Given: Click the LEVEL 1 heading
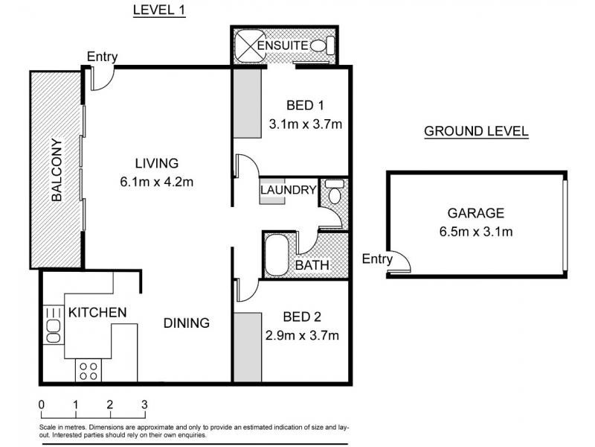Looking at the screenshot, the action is coord(159,10).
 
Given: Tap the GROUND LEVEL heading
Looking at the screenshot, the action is coord(476,131).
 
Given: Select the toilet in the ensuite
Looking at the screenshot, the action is coord(323,45).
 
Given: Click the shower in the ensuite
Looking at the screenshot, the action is coord(249,46).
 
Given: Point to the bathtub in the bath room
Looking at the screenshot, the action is coord(276,255).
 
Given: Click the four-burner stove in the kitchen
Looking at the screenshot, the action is coord(89,370).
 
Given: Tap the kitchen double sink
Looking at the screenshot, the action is coord(53,325).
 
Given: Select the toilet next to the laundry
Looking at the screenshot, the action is coord(334,191).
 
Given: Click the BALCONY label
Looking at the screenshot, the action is coord(57,170).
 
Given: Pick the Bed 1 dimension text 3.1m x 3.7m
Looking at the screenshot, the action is coord(306,124).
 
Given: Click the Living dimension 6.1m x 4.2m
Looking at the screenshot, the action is coord(157,182).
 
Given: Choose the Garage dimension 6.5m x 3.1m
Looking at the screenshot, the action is coord(476,232).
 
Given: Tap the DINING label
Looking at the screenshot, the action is coord(187,323).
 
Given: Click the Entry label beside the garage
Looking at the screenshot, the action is coord(377,259).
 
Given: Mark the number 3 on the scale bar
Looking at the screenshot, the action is coord(144,405).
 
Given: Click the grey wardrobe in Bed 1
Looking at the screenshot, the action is coord(247,104).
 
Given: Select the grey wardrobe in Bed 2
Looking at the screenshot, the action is coord(248,347).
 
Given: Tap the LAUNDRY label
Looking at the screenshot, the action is coord(289,190).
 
